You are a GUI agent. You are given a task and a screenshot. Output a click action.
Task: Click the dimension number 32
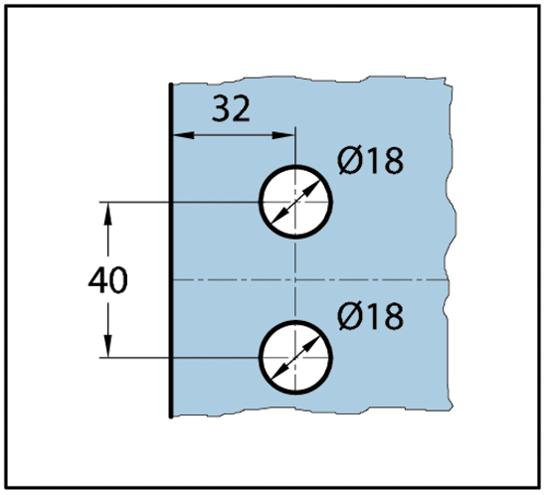pyautogui.click(x=231, y=108)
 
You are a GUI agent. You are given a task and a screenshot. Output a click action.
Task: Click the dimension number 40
pyautogui.click(x=108, y=280)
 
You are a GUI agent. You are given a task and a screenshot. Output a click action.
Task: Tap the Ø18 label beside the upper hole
pyautogui.click(x=371, y=160)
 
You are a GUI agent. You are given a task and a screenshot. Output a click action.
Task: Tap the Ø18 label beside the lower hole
pyautogui.click(x=371, y=316)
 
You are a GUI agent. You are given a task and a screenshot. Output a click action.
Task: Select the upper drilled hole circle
pyautogui.click(x=295, y=166)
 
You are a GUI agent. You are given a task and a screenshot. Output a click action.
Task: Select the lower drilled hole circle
pyautogui.click(x=295, y=322)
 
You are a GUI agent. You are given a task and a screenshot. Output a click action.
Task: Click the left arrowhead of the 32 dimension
pyautogui.click(x=183, y=135)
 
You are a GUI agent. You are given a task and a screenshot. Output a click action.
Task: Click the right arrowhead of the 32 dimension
pyautogui.click(x=282, y=135)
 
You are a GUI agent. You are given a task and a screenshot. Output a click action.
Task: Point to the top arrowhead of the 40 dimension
pyautogui.click(x=108, y=214)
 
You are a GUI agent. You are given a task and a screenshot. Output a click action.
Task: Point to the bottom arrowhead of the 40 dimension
pyautogui.click(x=108, y=346)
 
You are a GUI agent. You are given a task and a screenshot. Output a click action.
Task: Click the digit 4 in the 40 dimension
pyautogui.click(x=97, y=280)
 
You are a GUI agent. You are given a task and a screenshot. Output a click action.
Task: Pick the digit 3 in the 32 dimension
pyautogui.click(x=221, y=108)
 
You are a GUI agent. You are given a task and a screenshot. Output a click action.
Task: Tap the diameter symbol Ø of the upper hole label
pyautogui.click(x=349, y=160)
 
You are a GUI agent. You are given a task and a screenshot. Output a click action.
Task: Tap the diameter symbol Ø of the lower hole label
pyautogui.click(x=349, y=316)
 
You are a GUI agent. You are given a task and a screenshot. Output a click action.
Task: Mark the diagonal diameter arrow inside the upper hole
pyautogui.click(x=295, y=202)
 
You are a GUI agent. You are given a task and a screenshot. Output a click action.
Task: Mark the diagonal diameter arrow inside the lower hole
pyautogui.click(x=295, y=358)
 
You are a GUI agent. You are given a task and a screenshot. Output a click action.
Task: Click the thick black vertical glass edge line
pyautogui.click(x=171, y=249)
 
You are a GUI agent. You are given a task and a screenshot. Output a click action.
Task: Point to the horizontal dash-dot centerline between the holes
pyautogui.click(x=310, y=279)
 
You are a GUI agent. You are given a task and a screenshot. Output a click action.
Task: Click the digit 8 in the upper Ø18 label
pyautogui.click(x=394, y=160)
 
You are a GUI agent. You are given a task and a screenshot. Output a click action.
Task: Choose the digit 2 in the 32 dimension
pyautogui.click(x=241, y=108)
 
